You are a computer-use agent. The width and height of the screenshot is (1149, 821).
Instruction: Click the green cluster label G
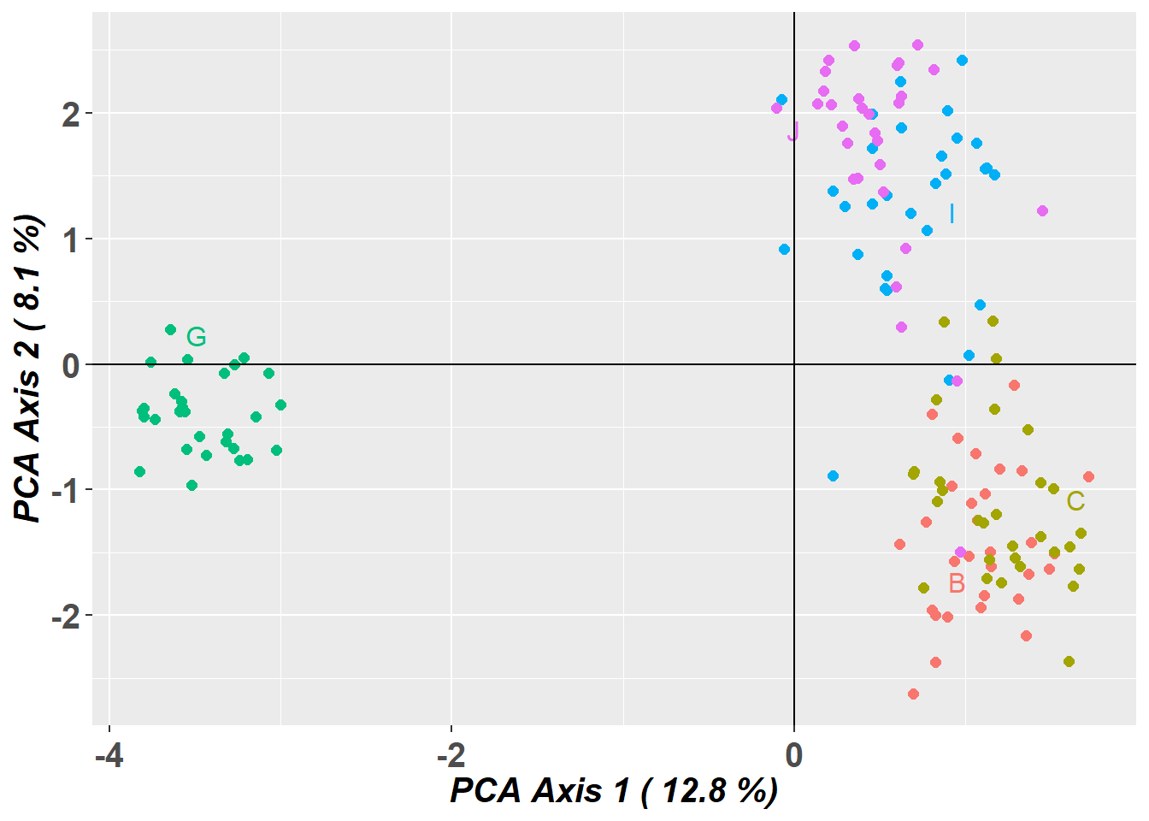(x=197, y=337)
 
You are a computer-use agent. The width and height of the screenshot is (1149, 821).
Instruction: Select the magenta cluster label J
(x=793, y=132)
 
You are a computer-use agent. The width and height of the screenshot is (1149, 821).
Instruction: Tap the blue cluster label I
(x=952, y=214)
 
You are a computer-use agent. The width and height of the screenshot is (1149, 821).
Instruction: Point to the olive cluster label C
(x=1075, y=501)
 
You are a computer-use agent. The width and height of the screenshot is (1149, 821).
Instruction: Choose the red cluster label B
(x=957, y=583)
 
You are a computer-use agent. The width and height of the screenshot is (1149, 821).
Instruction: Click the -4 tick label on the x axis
(x=109, y=756)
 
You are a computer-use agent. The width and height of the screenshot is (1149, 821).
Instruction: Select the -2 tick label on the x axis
(x=451, y=756)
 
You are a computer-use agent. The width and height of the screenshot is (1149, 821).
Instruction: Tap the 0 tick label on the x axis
(x=794, y=756)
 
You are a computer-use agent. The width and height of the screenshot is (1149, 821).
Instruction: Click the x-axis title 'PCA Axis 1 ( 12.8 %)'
(x=614, y=791)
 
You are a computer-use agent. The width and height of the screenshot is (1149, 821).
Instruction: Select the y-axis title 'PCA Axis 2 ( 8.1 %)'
(x=28, y=368)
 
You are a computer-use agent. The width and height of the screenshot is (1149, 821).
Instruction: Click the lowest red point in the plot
(x=913, y=694)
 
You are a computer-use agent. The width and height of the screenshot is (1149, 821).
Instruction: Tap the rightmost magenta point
(x=1042, y=210)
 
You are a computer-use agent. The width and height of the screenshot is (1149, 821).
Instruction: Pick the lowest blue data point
(x=833, y=475)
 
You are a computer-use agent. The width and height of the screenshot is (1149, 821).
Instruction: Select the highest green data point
(x=170, y=329)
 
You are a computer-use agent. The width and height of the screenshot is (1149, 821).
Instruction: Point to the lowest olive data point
(x=1069, y=661)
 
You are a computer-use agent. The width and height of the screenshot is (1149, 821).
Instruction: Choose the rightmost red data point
(x=1088, y=476)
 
